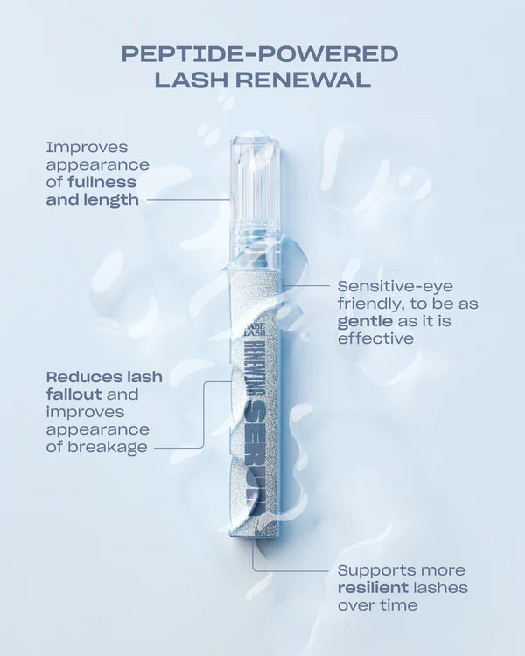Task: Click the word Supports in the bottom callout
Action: coord(373,570)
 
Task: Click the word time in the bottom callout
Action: coord(397,604)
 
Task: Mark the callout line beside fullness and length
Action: coord(188,199)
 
